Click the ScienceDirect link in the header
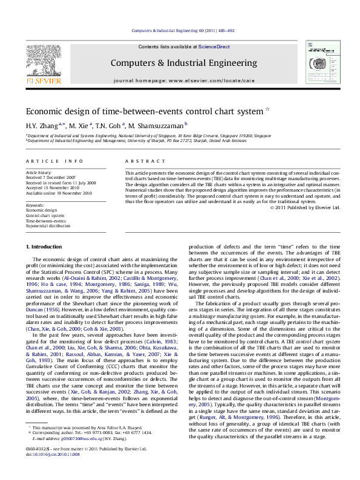pos(215,47)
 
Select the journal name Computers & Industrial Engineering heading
pos(183,63)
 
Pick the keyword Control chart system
pos(45,215)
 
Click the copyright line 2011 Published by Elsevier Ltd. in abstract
pos(305,207)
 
